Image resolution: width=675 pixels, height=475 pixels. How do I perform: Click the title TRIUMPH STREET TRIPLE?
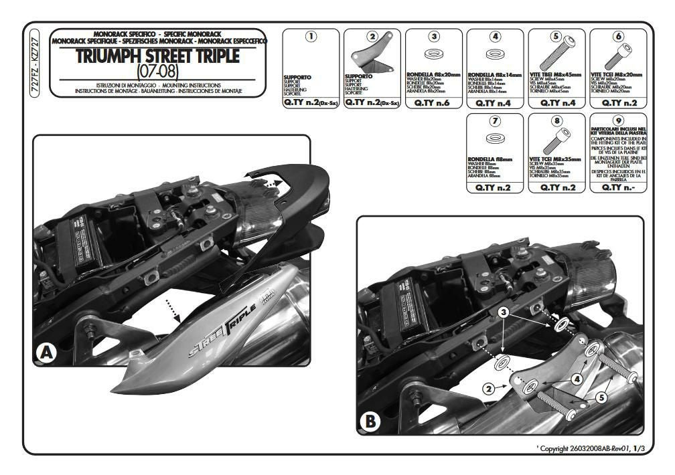157,56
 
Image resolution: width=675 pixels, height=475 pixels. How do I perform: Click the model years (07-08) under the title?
157,70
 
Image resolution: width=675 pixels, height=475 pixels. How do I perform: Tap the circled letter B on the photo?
370,422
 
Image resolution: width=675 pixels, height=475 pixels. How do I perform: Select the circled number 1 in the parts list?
311,37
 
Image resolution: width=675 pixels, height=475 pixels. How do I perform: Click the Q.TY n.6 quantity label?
434,103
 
